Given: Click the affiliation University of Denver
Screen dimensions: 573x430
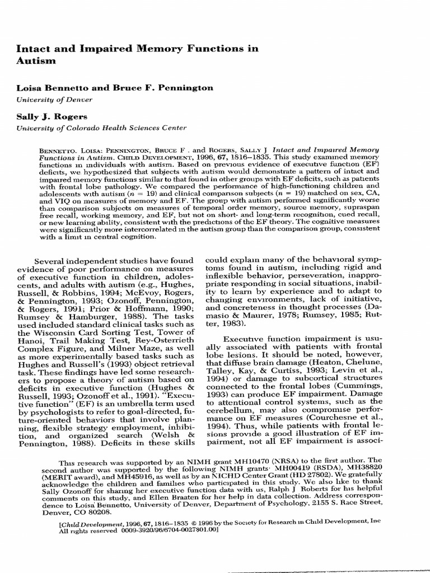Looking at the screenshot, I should click(x=54, y=100).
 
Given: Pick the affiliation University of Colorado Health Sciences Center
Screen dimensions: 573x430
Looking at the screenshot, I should click(x=101, y=128).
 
